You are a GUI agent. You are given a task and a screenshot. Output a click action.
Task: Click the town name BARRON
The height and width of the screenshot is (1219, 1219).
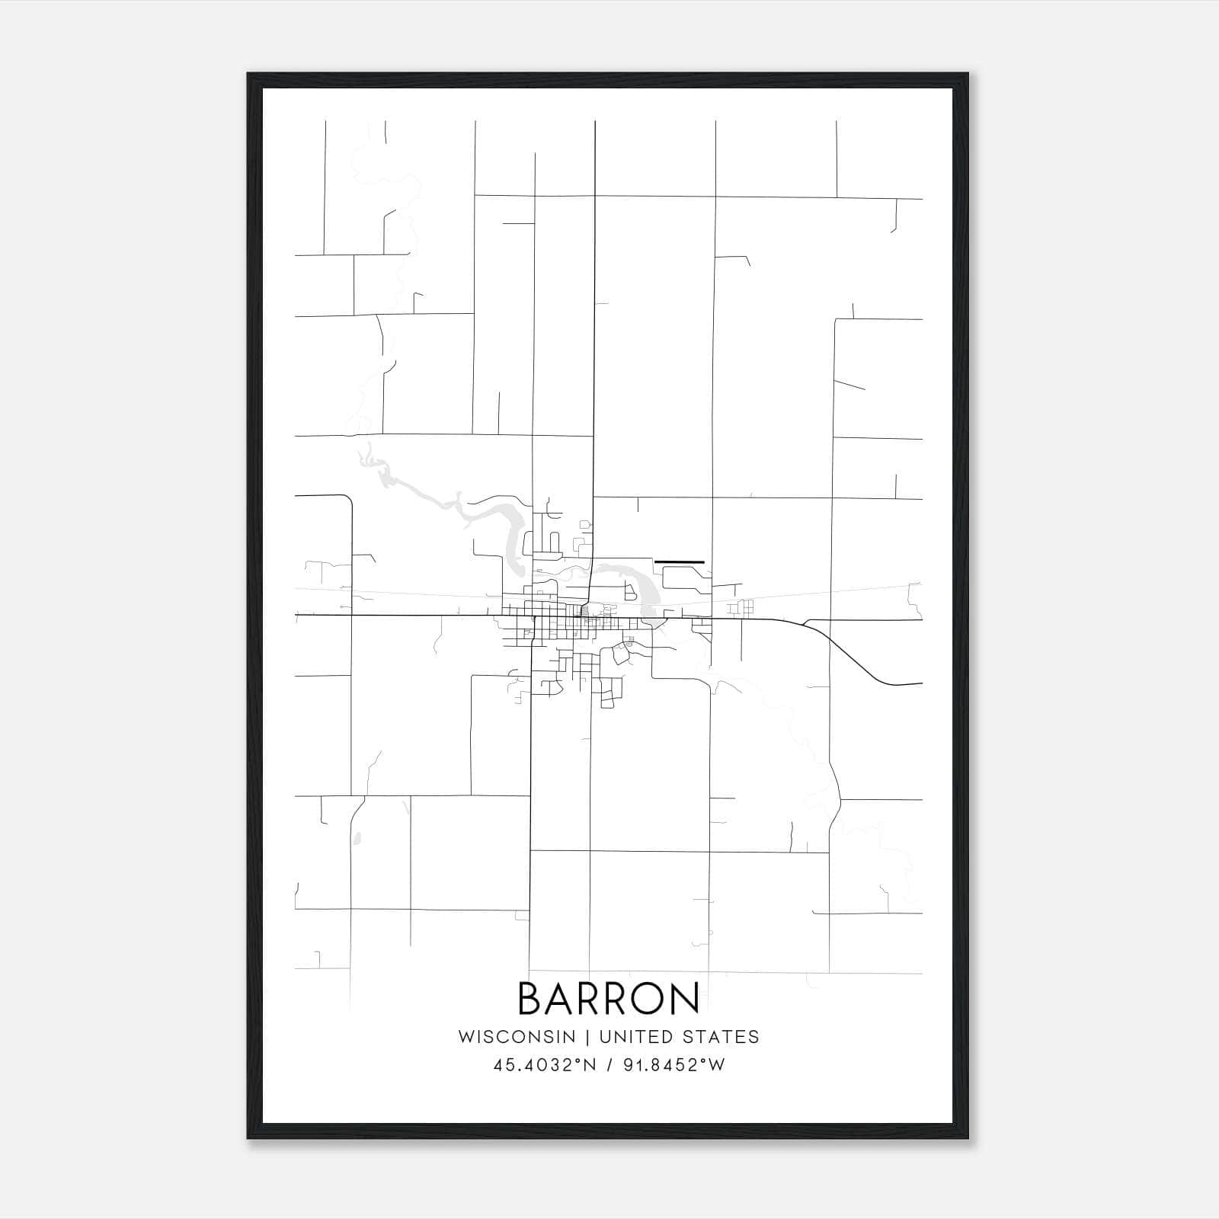(x=609, y=998)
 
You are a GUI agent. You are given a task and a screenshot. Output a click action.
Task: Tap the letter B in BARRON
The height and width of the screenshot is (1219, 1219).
(x=530, y=998)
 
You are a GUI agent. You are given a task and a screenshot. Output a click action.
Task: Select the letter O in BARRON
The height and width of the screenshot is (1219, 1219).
(x=648, y=998)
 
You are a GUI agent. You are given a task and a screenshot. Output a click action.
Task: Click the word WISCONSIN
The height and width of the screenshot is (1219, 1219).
(x=517, y=1037)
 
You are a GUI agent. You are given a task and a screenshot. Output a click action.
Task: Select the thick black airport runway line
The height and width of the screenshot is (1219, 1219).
(x=680, y=562)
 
